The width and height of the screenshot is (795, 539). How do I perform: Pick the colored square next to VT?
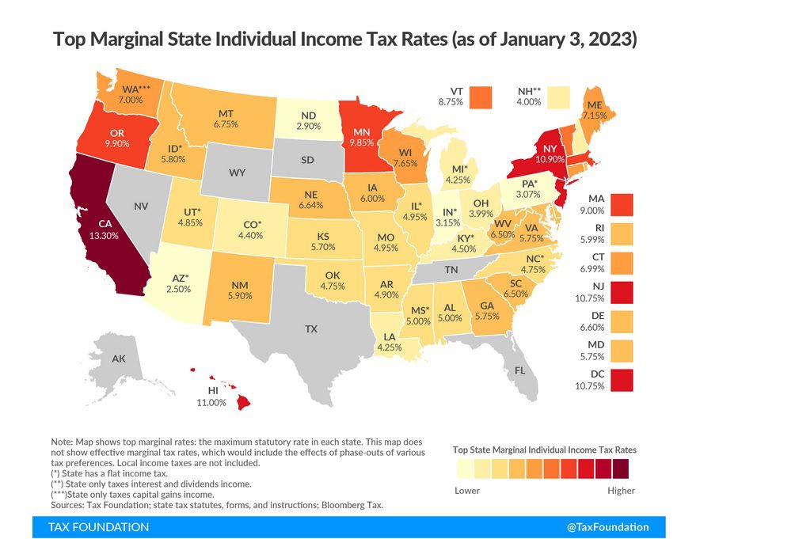[481, 97]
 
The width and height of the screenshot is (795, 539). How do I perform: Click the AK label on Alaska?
[118, 359]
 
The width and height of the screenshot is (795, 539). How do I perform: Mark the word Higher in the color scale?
[622, 490]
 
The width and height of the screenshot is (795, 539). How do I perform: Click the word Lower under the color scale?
[467, 490]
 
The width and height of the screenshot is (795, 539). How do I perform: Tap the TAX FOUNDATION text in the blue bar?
[98, 527]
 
